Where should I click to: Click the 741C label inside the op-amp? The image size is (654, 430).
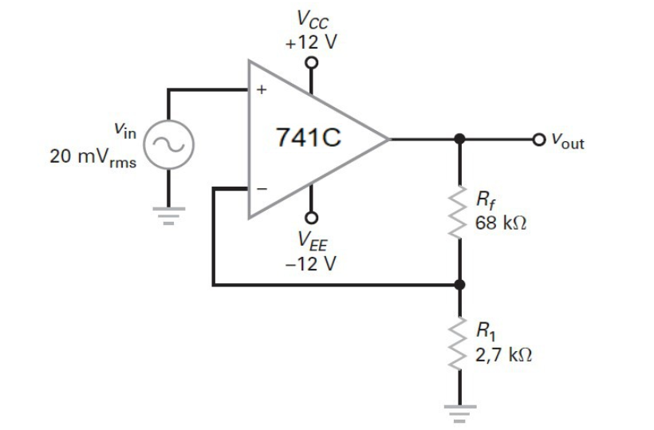coord(309,138)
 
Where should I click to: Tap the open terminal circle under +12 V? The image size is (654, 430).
coord(312,63)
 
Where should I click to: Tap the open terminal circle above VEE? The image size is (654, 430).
coord(312,217)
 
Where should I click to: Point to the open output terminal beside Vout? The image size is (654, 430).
coord(543,140)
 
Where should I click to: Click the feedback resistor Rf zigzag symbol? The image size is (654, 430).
coord(459,211)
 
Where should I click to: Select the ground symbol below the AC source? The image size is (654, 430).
coord(168,213)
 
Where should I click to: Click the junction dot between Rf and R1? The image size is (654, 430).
coord(459,284)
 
